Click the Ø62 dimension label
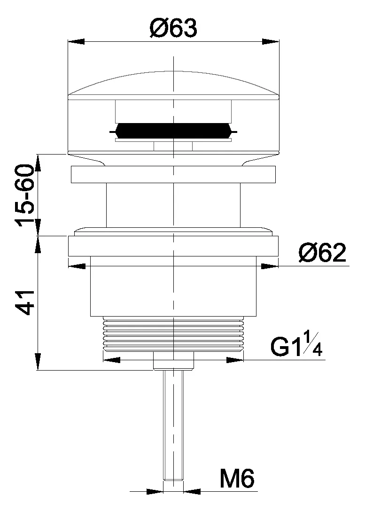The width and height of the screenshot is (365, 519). coord(322,253)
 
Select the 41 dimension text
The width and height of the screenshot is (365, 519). coord(25,302)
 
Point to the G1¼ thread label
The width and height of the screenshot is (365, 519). coord(296,345)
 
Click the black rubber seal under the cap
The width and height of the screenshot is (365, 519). coord(173,131)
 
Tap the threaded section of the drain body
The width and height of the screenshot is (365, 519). coord(173,333)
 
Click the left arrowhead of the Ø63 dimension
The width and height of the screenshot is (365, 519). coord(76,41)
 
